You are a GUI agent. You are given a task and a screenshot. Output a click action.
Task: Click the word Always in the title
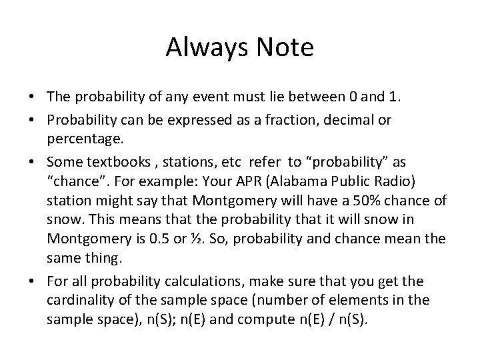203,47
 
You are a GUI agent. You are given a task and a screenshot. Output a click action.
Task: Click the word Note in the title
285,47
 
